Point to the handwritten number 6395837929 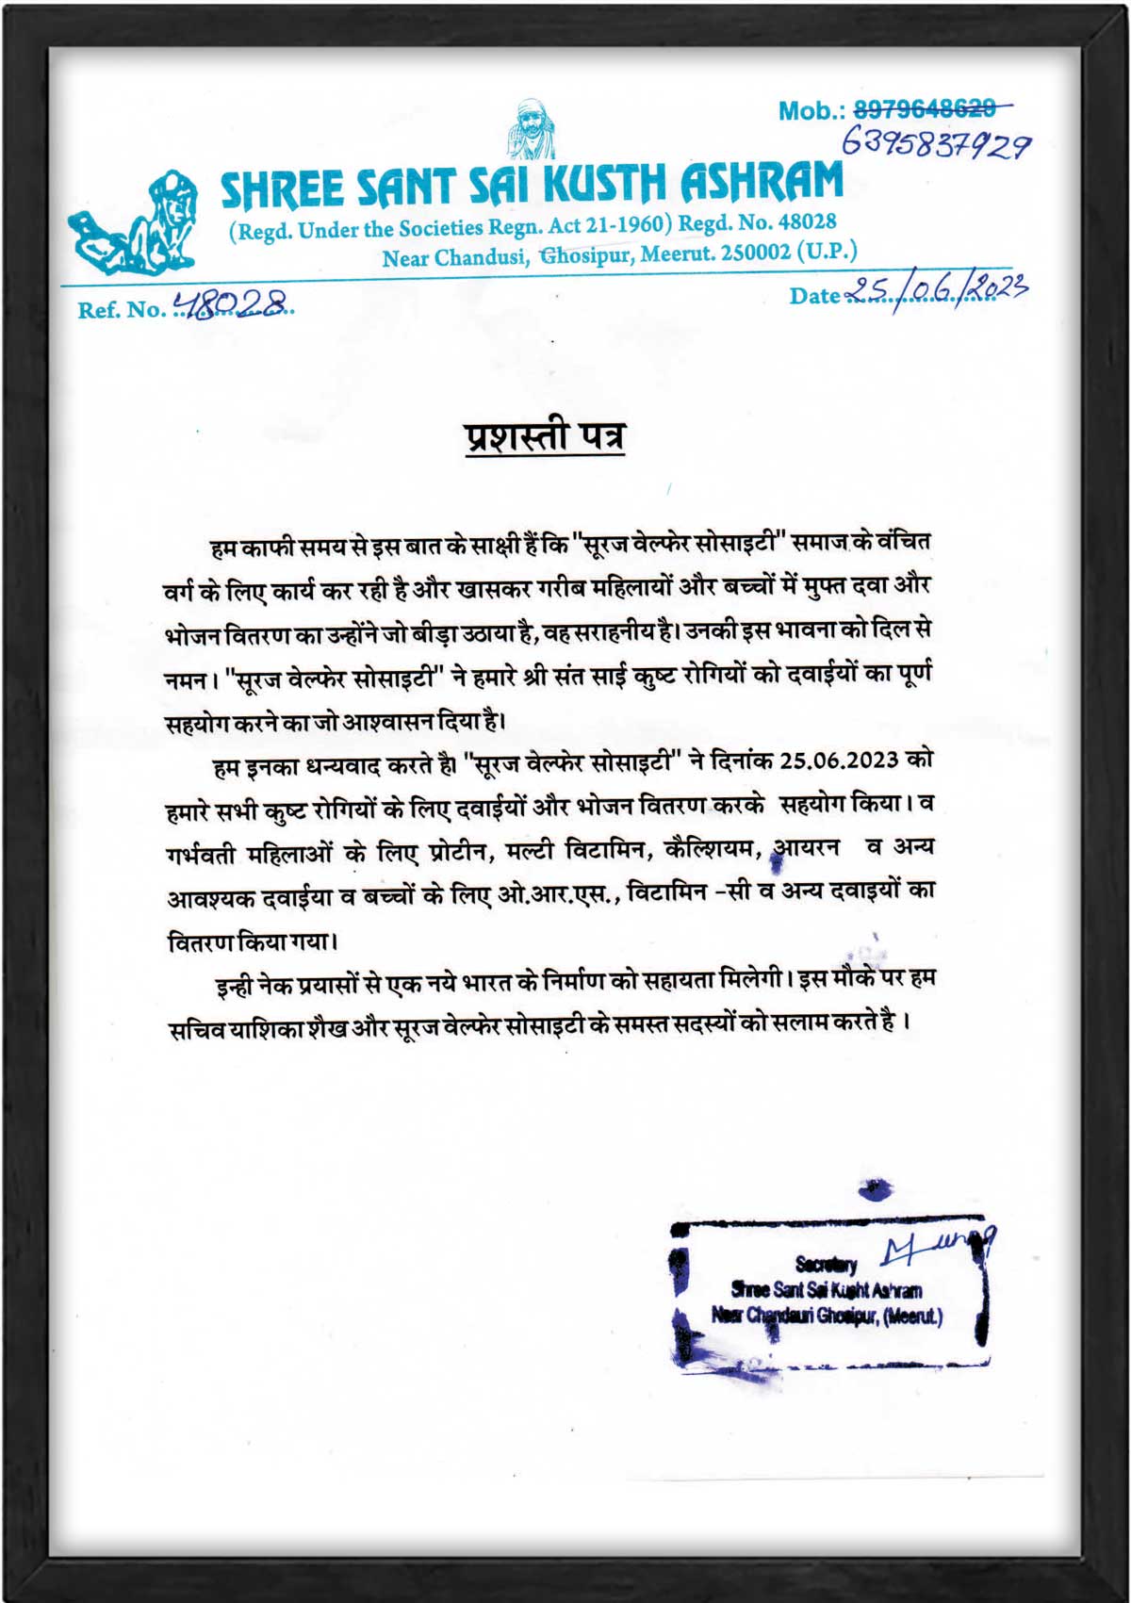[x=934, y=144]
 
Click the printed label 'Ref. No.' [x=121, y=310]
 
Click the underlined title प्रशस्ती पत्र [x=545, y=436]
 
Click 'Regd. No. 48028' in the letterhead [x=758, y=223]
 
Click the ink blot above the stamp [x=875, y=1189]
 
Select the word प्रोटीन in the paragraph [x=456, y=852]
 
